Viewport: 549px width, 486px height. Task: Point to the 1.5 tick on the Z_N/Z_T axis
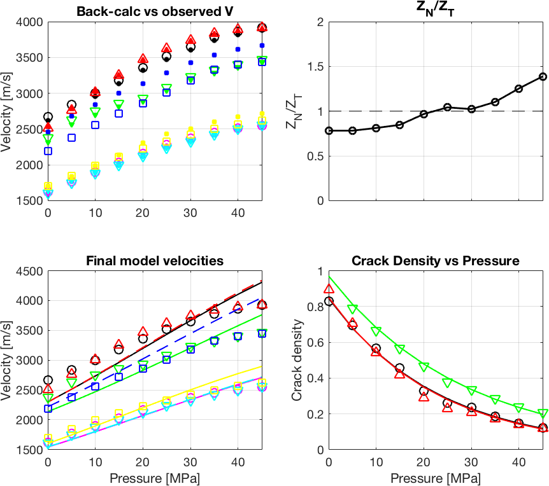click(315, 67)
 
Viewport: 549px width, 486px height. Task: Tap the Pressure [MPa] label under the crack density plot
click(436, 478)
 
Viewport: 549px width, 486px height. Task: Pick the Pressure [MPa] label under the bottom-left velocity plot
click(155, 478)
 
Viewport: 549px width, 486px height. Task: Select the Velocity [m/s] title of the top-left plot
click(8, 111)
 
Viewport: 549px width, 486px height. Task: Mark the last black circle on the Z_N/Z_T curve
click(543, 76)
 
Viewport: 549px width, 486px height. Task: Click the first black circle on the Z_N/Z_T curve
click(329, 130)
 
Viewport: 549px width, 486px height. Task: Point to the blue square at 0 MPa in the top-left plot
click(48, 151)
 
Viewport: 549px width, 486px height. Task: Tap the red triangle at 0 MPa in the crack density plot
click(329, 289)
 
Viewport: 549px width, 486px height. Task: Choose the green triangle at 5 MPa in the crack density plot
click(352, 309)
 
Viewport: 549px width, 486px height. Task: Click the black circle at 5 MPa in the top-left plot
click(71, 105)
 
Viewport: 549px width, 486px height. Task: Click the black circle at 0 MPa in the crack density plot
click(329, 302)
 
